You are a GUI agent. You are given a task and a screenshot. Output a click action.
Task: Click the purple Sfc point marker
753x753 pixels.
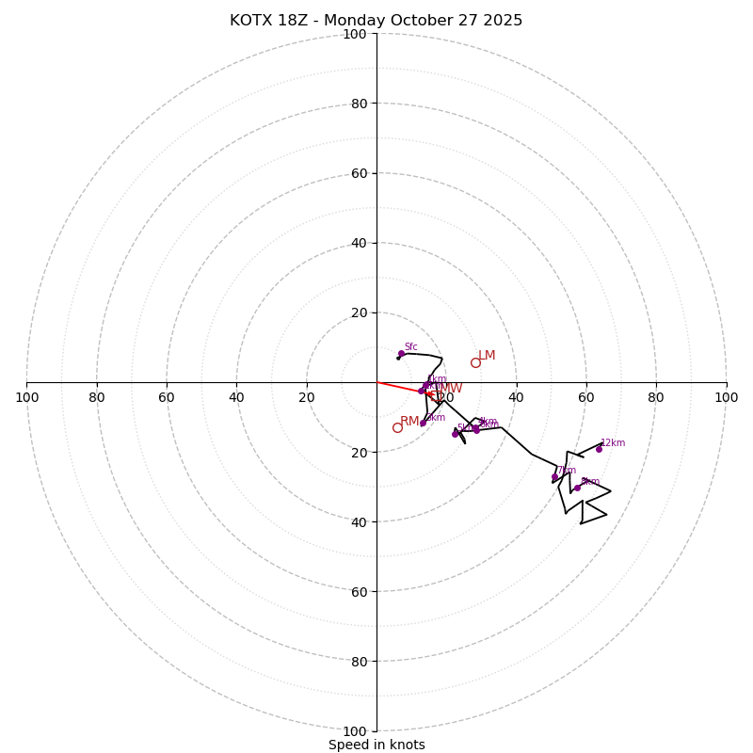tap(401, 354)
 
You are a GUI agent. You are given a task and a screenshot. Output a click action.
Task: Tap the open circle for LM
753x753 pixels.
tap(475, 362)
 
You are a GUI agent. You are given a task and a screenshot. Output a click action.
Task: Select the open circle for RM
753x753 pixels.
tap(397, 427)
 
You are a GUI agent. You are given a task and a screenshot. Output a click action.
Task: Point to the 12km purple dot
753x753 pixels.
tap(599, 449)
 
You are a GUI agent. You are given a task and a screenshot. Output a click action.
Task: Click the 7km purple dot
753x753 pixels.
tap(554, 477)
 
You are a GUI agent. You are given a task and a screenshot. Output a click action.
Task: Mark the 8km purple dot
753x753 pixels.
tap(577, 488)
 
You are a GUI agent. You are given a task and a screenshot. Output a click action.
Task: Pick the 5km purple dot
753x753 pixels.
tap(455, 434)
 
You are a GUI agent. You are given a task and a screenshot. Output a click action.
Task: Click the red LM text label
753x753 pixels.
tap(487, 356)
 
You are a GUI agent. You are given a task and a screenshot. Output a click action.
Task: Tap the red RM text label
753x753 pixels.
tap(409, 421)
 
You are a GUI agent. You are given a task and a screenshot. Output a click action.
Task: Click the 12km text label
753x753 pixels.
tap(613, 443)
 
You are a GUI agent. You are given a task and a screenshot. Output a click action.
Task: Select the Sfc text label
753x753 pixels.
tap(410, 347)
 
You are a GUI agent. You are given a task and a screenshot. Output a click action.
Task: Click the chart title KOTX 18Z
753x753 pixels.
tap(376, 21)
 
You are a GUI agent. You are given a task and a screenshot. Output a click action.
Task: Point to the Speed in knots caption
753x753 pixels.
tap(376, 745)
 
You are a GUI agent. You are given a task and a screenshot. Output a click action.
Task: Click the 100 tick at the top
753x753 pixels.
tap(355, 35)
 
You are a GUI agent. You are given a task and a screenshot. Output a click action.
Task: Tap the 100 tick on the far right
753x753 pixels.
tap(726, 397)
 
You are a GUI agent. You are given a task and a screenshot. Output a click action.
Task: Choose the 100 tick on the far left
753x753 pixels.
tap(27, 397)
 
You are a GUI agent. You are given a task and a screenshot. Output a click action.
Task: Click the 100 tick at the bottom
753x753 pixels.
tap(355, 731)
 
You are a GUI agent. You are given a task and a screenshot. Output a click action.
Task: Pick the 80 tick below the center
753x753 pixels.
tap(358, 662)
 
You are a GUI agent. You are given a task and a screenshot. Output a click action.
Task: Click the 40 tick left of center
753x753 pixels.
tap(236, 397)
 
